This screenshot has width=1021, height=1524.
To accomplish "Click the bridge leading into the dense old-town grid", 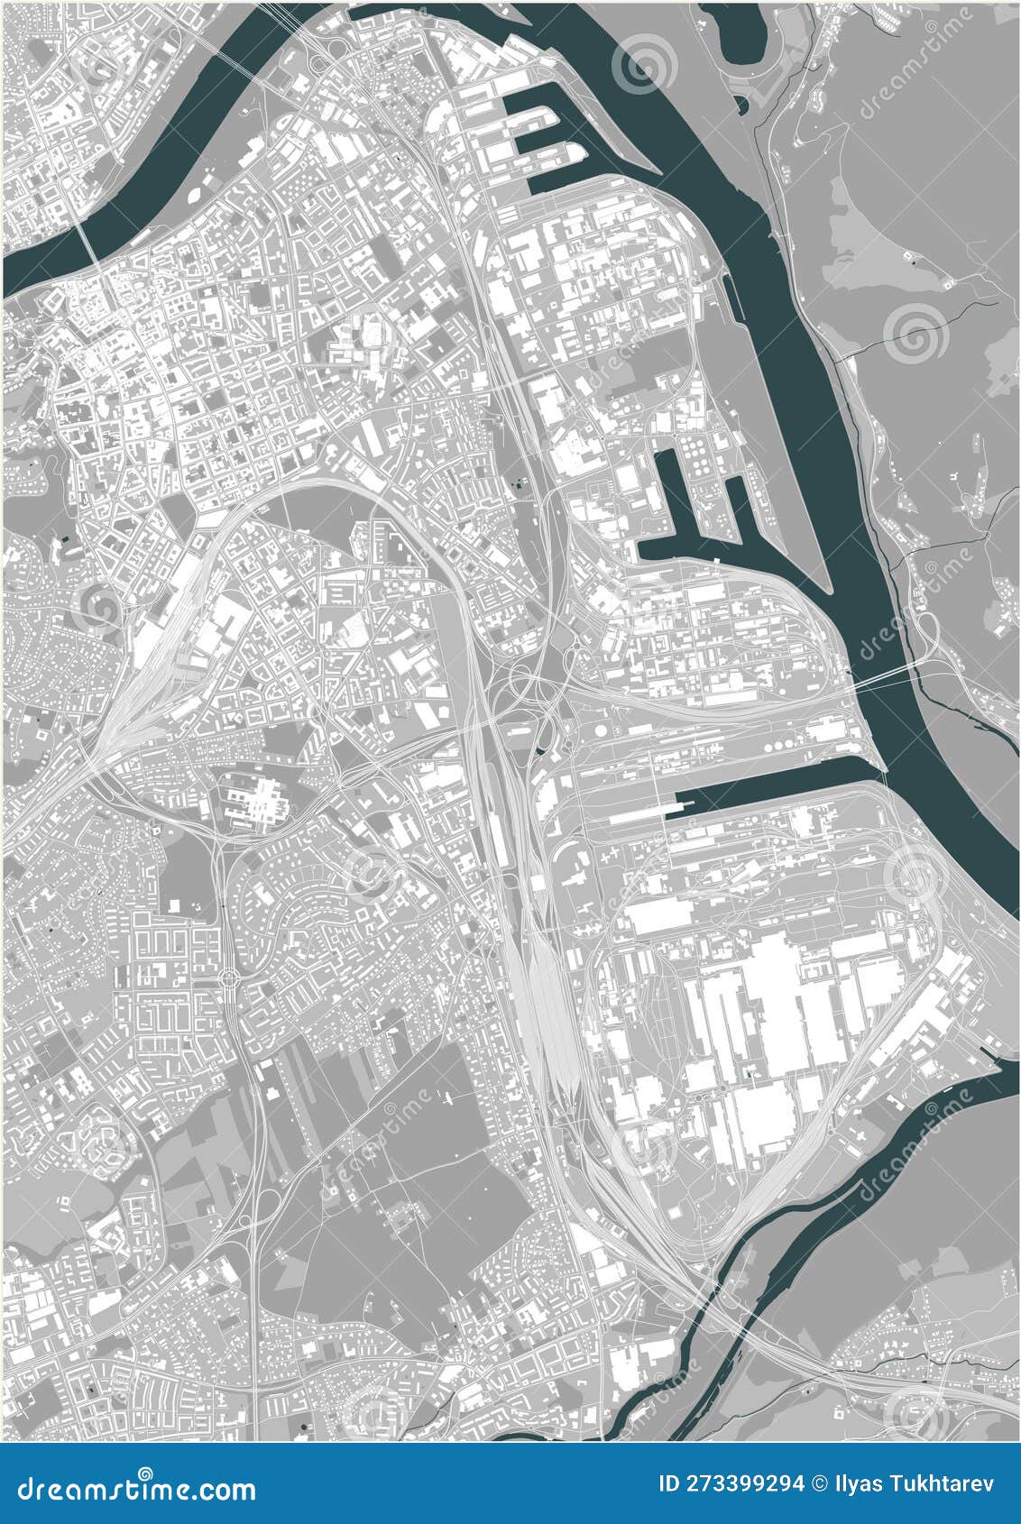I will click(x=89, y=243).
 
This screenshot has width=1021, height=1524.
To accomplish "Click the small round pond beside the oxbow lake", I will click(x=741, y=106).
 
